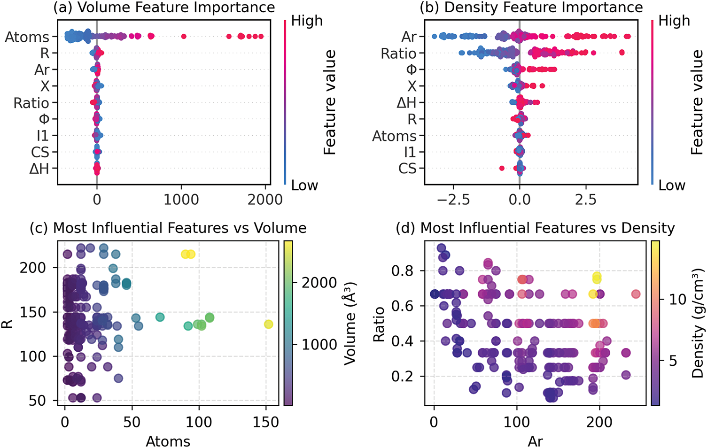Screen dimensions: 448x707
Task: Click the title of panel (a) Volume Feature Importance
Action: [164, 8]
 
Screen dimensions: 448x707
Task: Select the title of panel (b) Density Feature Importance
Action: [531, 8]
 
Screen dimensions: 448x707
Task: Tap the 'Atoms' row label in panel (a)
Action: [27, 37]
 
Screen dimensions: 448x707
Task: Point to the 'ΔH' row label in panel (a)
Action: [39, 169]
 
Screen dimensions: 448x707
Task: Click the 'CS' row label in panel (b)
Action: [407, 169]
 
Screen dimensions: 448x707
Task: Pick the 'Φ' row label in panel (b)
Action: [411, 70]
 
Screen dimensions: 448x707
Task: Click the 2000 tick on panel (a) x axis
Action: [265, 200]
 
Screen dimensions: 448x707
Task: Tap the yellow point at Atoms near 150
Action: [268, 324]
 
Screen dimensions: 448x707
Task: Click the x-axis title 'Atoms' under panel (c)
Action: [168, 441]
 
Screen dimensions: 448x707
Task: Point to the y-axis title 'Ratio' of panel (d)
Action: [379, 324]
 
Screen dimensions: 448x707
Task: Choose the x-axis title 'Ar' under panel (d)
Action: [535, 441]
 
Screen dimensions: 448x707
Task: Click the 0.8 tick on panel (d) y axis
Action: [403, 271]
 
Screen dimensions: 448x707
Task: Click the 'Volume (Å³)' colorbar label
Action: [350, 324]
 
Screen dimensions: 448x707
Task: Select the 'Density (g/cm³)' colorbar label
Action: [698, 324]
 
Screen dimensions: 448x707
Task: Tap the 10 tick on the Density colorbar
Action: [678, 299]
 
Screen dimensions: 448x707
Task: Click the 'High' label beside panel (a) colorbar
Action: [307, 21]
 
